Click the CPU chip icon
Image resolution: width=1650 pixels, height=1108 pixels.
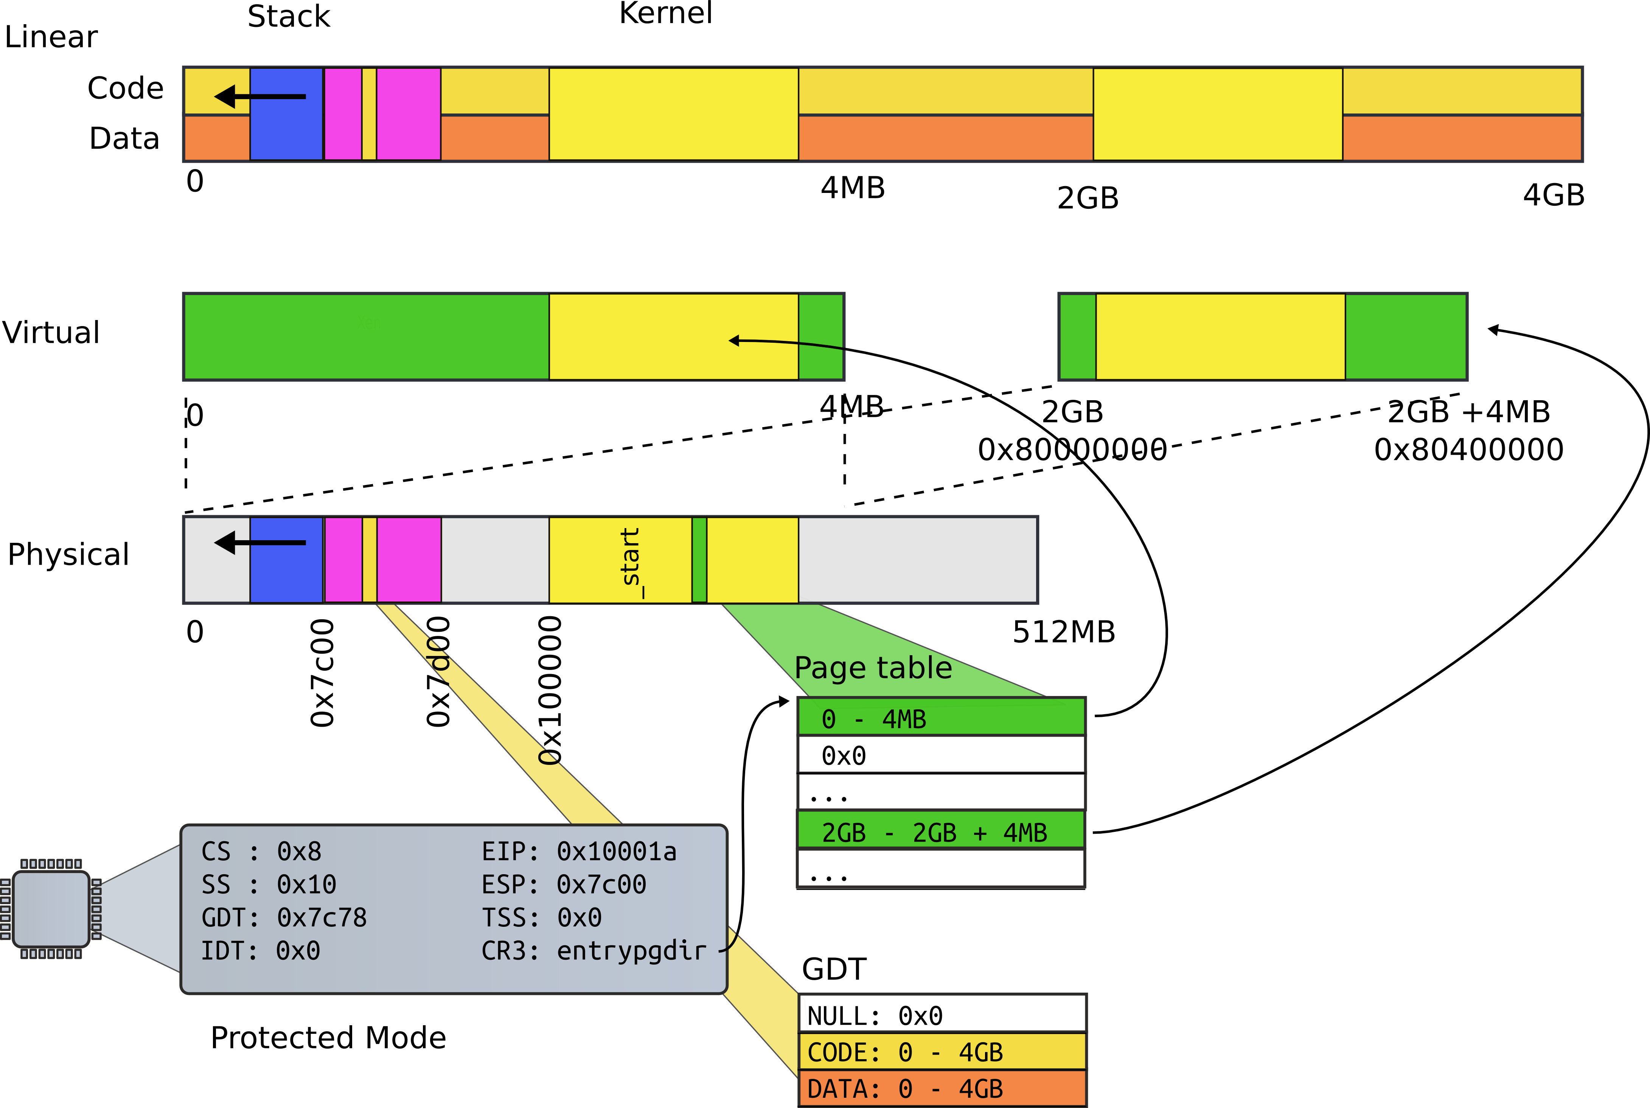click(x=51, y=909)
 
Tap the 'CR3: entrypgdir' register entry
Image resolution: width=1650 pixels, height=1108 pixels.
click(x=594, y=951)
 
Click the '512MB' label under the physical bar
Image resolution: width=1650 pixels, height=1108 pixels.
click(x=1063, y=632)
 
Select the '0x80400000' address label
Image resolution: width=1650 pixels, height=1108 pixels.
click(x=1468, y=449)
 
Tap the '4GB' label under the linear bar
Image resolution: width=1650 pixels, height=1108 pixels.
click(x=1553, y=195)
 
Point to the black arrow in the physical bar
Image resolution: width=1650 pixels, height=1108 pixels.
click(x=259, y=543)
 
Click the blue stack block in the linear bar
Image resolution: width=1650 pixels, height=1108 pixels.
click(x=286, y=131)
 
